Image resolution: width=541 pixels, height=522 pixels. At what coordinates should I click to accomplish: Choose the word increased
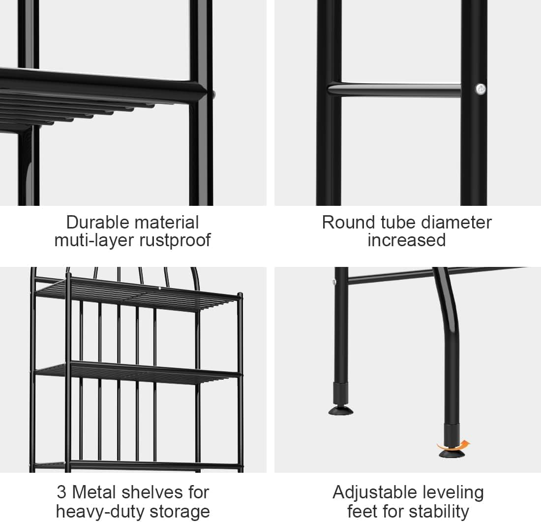pos(407,240)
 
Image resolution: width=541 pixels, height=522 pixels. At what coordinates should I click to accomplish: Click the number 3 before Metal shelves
pos(61,492)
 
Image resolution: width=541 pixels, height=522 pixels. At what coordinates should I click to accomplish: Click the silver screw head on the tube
pos(481,89)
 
